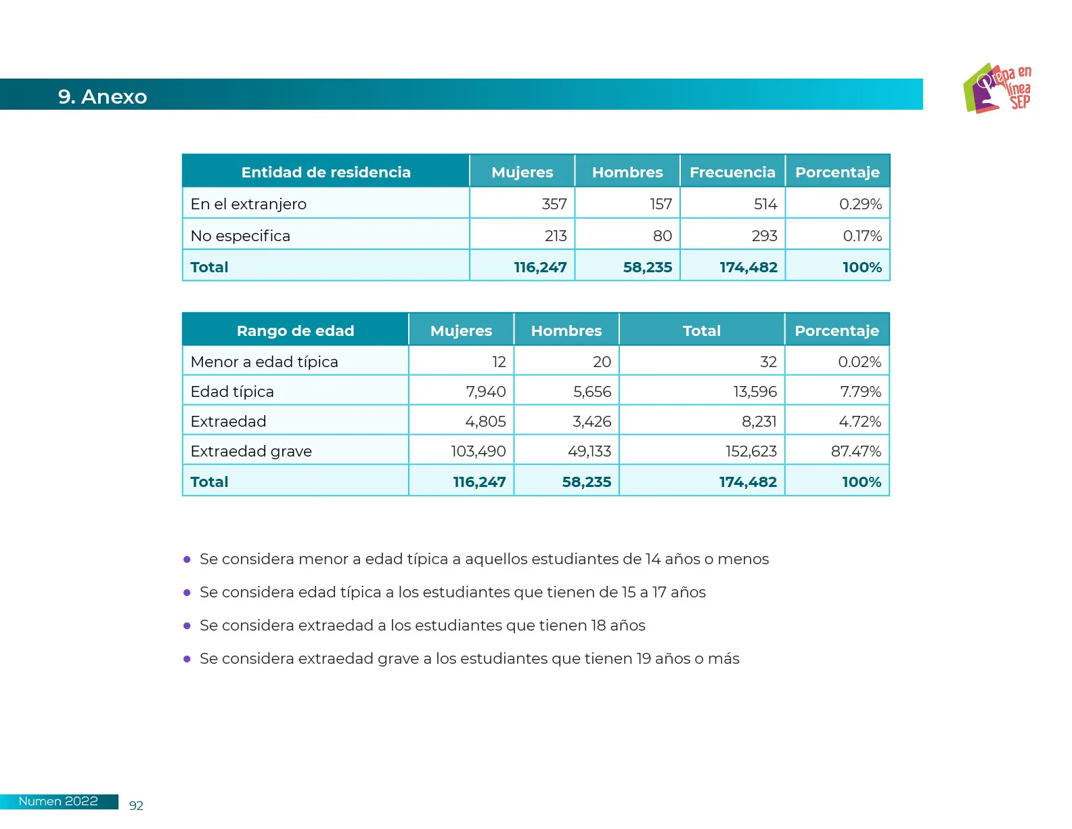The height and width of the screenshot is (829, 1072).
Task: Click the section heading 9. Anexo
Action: click(102, 96)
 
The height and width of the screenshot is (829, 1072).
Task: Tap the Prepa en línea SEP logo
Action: click(997, 89)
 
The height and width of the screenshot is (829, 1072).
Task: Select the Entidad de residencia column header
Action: click(326, 172)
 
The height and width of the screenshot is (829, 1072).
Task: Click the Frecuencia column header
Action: click(732, 172)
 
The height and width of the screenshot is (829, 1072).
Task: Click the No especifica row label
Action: click(240, 236)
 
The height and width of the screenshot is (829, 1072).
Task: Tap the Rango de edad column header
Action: click(295, 331)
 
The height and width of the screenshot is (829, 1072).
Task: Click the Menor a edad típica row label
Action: click(264, 362)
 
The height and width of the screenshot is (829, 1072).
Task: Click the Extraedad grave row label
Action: click(251, 451)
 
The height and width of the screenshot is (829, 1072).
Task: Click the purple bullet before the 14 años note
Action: click(187, 559)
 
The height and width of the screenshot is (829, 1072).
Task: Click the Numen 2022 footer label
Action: click(58, 801)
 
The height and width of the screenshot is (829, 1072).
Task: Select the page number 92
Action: click(136, 805)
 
